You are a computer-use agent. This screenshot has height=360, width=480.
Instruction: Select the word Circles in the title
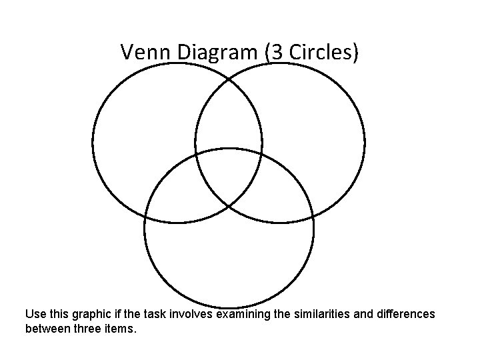[319, 52]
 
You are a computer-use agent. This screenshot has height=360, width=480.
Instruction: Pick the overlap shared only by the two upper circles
[229, 120]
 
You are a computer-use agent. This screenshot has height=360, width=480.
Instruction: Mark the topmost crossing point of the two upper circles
[229, 79]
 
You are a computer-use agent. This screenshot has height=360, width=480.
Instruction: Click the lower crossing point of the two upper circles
[229, 205]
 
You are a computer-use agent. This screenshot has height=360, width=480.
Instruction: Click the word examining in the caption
[243, 313]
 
